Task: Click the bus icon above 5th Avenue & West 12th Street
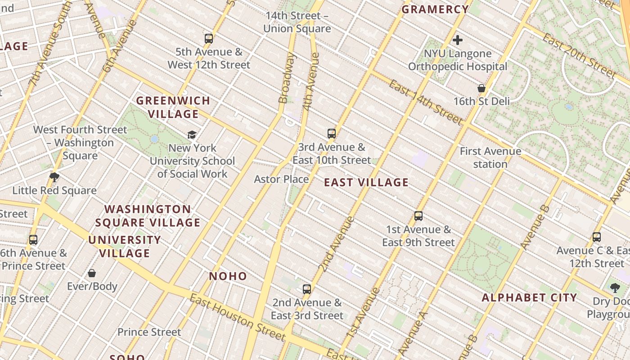(208, 38)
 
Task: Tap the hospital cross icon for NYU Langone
(458, 40)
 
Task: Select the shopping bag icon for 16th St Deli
(481, 88)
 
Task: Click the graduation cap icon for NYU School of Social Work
(192, 135)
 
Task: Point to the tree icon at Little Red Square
(54, 177)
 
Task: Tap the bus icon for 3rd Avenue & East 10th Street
(332, 134)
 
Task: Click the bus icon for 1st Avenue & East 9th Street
(418, 216)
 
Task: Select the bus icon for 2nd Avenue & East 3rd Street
(307, 289)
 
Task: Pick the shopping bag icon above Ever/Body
(92, 273)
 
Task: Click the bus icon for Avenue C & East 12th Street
(597, 237)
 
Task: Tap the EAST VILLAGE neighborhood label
(366, 182)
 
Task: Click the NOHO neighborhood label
(228, 276)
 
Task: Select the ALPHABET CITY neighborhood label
(529, 297)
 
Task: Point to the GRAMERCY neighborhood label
(435, 9)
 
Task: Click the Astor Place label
(281, 179)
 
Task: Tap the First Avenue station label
(490, 157)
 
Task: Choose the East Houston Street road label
(237, 317)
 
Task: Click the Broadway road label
(287, 78)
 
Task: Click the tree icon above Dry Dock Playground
(615, 288)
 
